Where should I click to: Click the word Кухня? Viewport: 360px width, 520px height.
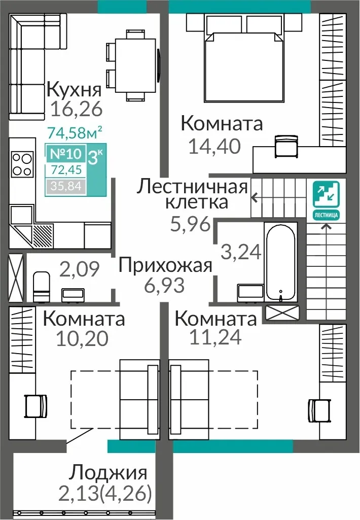click(74, 89)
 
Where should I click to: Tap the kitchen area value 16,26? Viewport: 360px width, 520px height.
click(77, 109)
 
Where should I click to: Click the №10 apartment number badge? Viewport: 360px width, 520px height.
click(65, 154)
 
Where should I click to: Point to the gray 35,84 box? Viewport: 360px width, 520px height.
click(65, 186)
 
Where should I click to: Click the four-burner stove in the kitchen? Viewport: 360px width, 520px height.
click(22, 164)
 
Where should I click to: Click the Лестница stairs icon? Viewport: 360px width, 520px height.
click(327, 200)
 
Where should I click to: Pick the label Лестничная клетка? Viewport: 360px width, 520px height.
click(193, 194)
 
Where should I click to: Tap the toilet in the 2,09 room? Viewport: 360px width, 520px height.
click(42, 287)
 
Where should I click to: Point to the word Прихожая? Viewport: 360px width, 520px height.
click(165, 266)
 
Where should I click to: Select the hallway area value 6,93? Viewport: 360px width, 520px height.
click(164, 285)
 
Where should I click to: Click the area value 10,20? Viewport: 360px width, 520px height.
click(82, 338)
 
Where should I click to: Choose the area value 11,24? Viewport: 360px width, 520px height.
click(215, 337)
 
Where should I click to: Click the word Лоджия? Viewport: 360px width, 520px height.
click(107, 472)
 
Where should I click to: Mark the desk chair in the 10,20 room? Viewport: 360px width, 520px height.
click(36, 406)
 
